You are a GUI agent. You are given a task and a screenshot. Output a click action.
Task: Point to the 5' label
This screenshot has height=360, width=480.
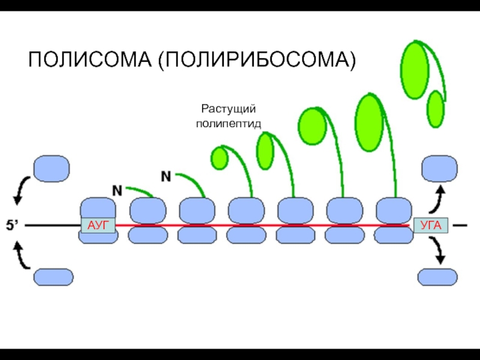tap(13, 226)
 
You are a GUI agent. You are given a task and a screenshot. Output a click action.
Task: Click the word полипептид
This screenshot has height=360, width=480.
tap(229, 124)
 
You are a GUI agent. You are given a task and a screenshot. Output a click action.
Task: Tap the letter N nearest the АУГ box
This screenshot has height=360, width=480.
tap(118, 190)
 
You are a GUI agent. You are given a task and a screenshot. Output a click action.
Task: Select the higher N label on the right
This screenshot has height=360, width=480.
tap(166, 176)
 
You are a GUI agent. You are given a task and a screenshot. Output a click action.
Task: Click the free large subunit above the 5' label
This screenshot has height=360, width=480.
tap(51, 169)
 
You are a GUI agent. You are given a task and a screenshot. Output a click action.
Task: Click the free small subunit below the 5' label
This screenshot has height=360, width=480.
tap(54, 277)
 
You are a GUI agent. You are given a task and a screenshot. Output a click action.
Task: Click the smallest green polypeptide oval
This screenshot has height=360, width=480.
tap(220, 158)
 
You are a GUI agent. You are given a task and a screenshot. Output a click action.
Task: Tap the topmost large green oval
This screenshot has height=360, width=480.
tap(413, 70)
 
